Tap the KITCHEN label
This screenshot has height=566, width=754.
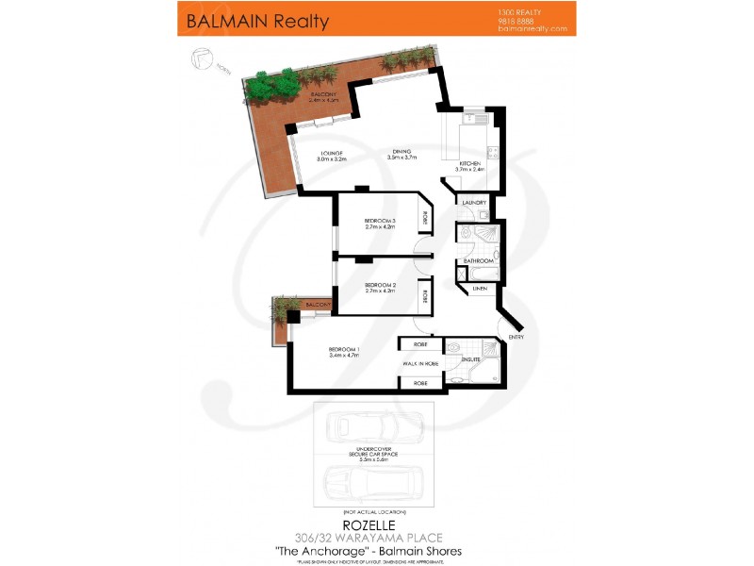click(470, 164)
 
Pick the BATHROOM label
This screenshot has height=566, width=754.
click(477, 260)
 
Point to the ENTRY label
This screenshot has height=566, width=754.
click(516, 336)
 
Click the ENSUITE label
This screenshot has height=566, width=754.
click(471, 358)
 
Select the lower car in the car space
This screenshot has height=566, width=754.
click(373, 485)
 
